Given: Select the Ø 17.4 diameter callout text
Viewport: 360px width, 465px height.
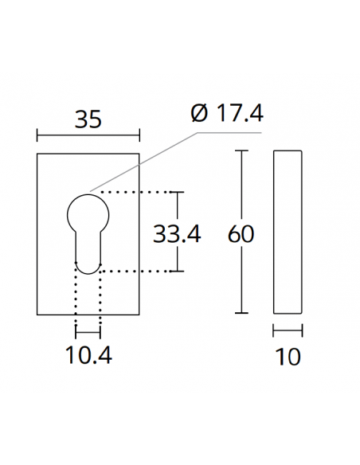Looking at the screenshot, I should coord(227,113).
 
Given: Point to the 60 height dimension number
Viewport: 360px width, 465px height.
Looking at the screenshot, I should coord(241,234).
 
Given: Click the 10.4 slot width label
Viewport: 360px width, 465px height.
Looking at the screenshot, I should coord(88,354).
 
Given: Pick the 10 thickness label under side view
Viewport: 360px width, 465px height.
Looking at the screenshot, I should coord(288,357).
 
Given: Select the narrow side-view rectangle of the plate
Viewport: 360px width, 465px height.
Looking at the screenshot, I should coord(288,232).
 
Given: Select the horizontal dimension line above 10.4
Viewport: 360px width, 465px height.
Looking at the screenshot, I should coord(88,332).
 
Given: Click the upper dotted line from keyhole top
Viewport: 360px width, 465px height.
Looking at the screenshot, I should coord(135,192).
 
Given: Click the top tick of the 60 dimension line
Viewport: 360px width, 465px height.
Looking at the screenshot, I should coord(243,150).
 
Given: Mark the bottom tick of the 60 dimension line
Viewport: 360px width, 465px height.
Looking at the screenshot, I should coord(243,313).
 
